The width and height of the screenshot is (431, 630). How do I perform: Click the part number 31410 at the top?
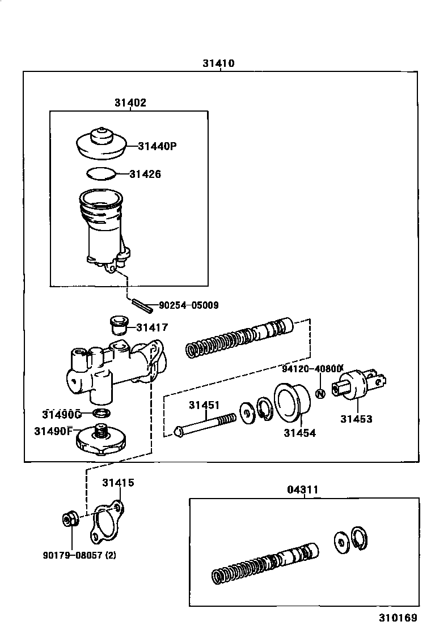click(218, 63)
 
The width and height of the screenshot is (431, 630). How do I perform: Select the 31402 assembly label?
click(130, 103)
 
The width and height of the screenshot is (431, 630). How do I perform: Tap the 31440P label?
click(157, 146)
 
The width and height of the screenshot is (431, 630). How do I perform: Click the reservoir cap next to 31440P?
click(100, 144)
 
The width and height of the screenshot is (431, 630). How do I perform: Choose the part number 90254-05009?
click(188, 305)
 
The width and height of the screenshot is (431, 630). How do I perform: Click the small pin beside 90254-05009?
click(141, 305)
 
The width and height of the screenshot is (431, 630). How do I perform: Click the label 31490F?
click(54, 431)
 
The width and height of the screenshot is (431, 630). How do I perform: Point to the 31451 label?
click(204, 405)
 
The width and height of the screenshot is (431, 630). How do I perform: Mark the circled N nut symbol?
click(320, 394)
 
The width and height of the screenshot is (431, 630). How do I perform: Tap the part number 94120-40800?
click(313, 368)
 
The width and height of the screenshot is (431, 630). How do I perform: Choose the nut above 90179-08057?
click(69, 518)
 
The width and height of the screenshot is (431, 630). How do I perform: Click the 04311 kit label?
click(303, 489)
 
